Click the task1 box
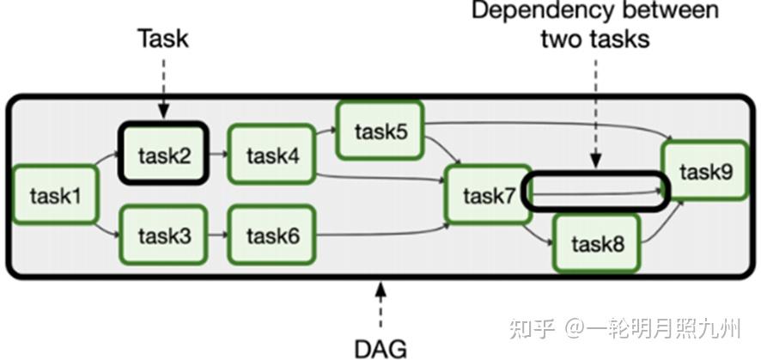pos(55,196)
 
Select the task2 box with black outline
pos(163,156)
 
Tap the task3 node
pos(163,235)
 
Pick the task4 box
pos(271,156)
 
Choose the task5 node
pos(380,131)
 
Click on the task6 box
pos(271,235)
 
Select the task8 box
pos(595,243)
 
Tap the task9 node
pos(704,171)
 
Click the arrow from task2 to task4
pos(217,156)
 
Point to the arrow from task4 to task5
pos(324,135)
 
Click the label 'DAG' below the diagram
pos(380,347)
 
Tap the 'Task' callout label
pos(163,38)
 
